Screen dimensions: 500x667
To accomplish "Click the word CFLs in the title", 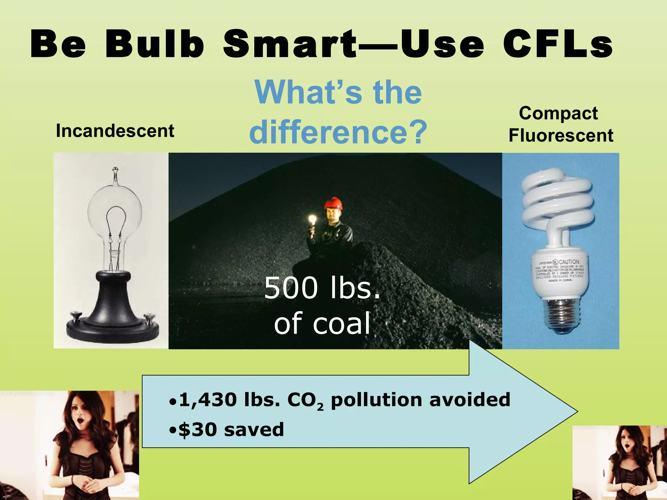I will [x=558, y=44].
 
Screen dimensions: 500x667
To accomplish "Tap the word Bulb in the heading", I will [x=154, y=44].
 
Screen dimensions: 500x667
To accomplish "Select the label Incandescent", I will [x=115, y=131].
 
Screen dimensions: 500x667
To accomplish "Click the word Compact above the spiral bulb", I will [x=558, y=113].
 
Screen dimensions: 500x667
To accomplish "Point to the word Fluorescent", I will [x=561, y=135].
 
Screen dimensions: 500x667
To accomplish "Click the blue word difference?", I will [x=338, y=132].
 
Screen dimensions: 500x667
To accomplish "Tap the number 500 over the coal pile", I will [x=291, y=288].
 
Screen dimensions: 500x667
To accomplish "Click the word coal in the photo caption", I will [x=341, y=323].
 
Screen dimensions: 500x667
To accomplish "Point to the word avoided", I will [x=470, y=400].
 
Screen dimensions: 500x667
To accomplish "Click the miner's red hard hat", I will [x=333, y=204].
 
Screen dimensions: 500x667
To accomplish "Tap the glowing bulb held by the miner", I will [x=313, y=220].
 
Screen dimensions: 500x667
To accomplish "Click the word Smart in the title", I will [x=290, y=44].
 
